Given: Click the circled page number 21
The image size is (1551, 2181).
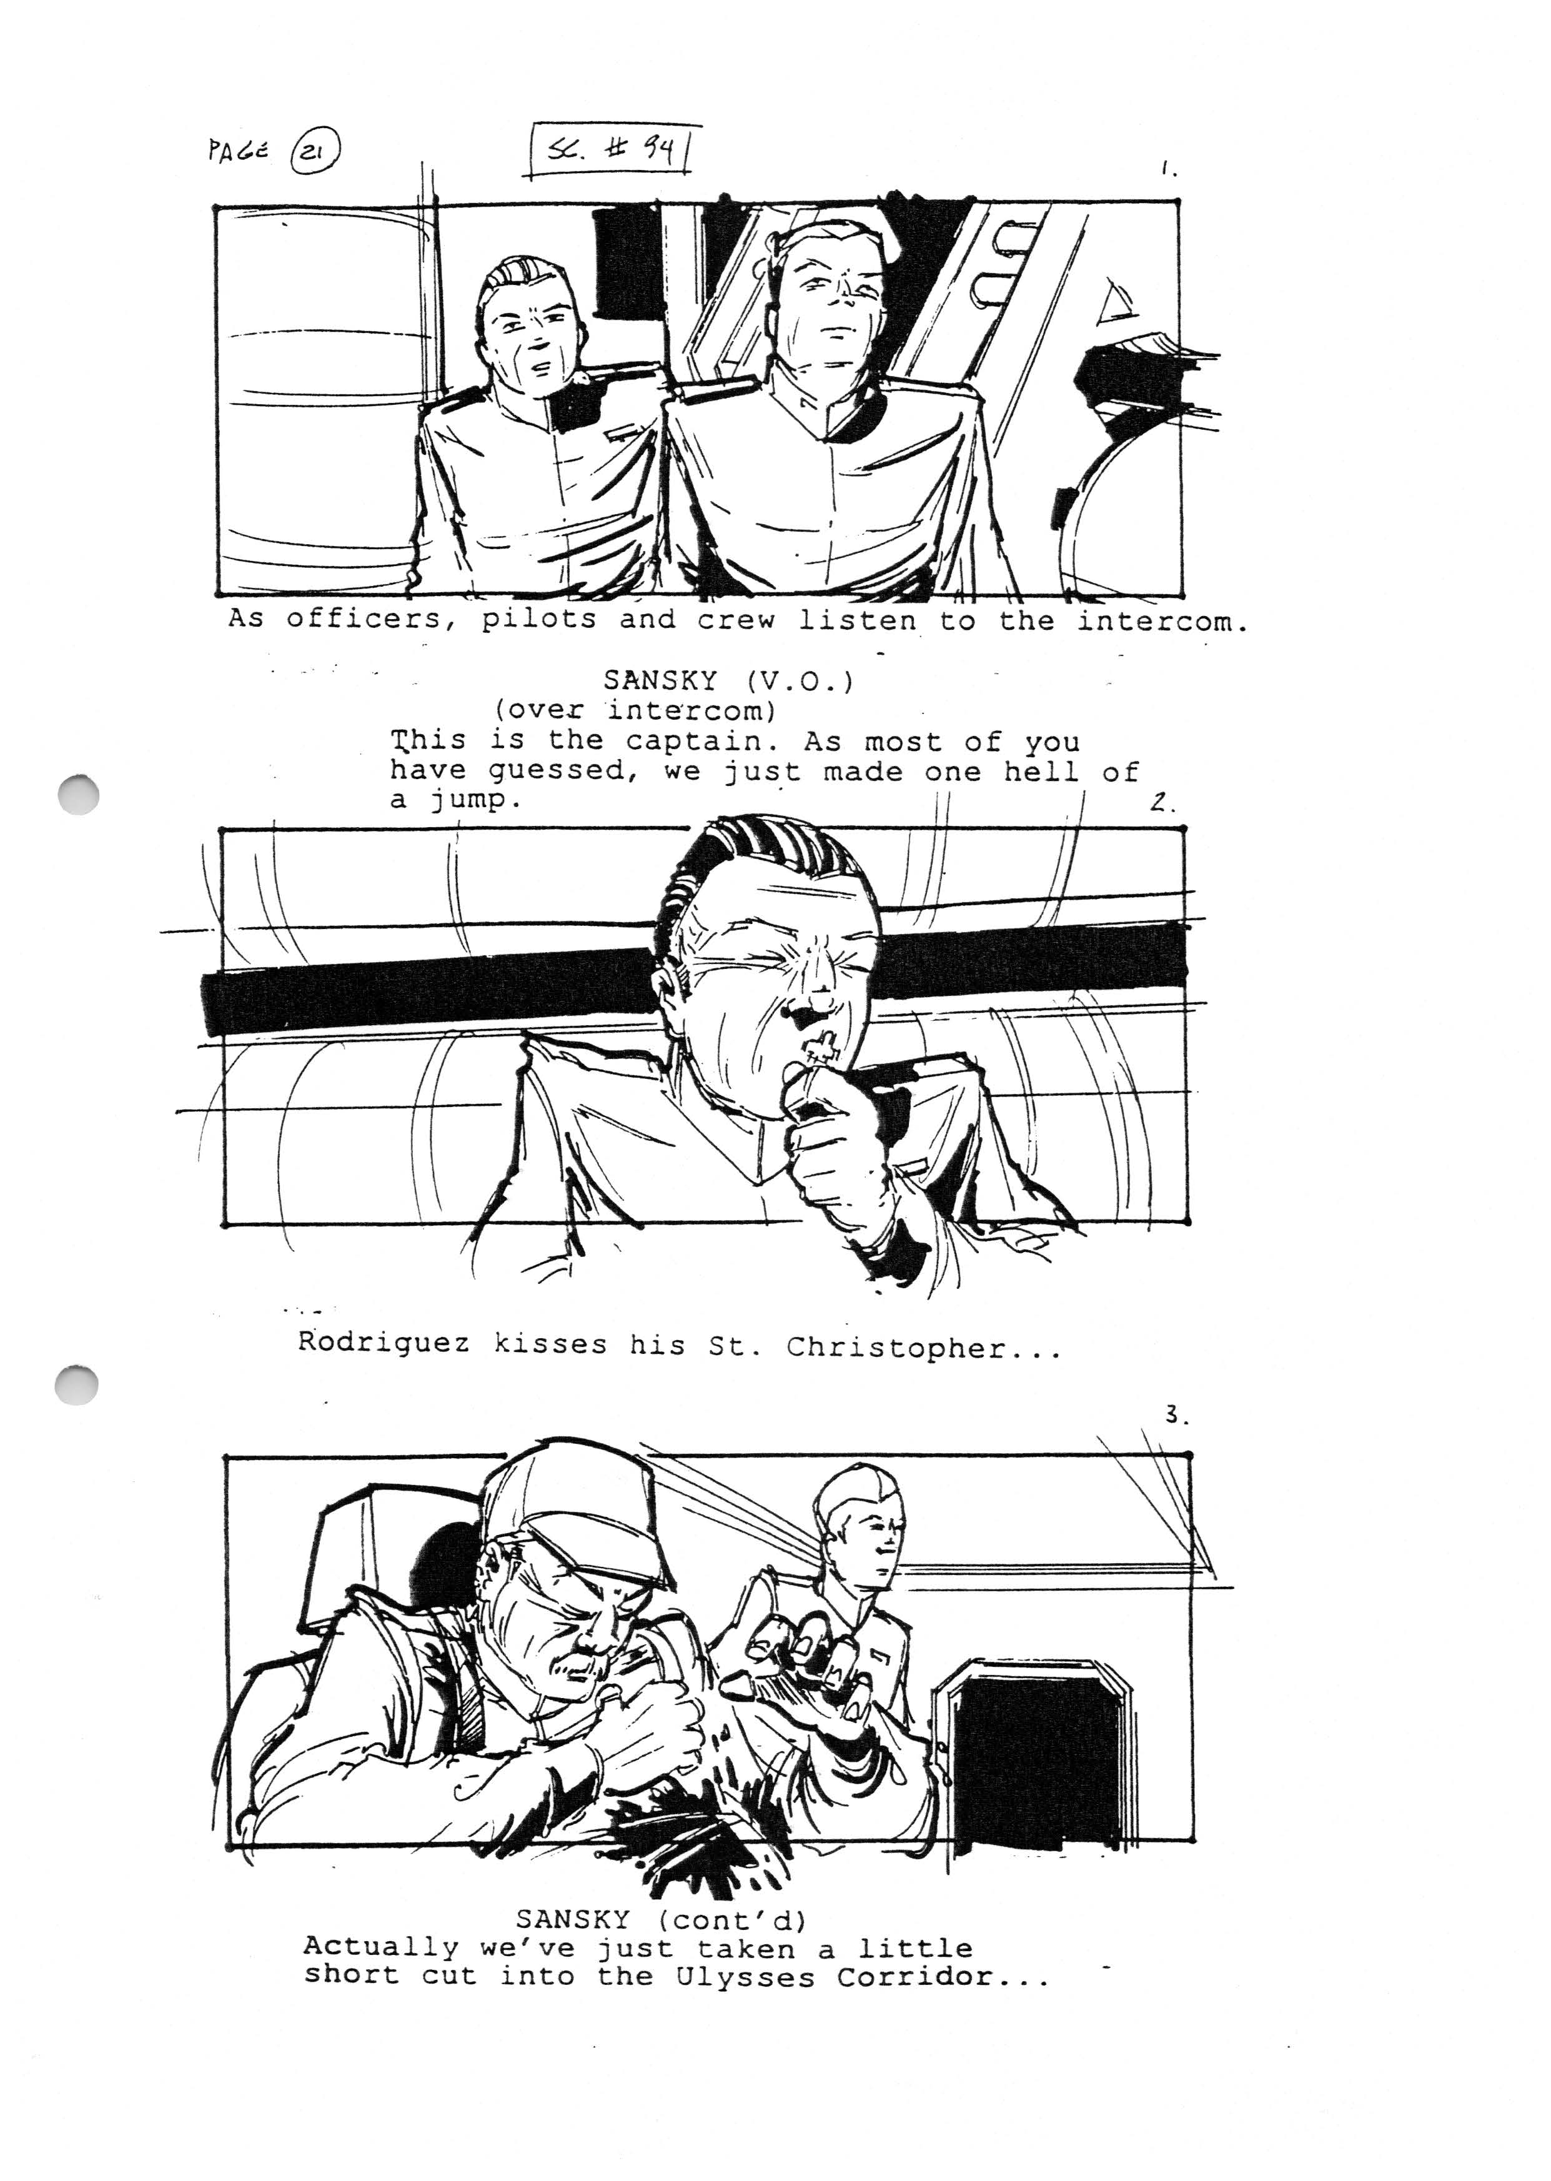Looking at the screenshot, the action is point(316,153).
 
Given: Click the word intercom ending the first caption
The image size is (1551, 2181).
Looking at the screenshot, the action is point(1162,622).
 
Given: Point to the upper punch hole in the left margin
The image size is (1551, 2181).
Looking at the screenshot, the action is point(77,794).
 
